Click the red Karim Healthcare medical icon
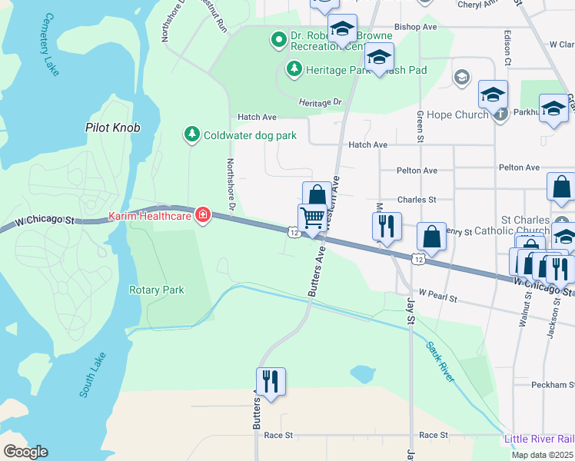pos(203,214)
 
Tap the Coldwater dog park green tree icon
pos(191,135)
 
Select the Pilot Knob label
pos(112,128)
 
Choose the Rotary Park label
pos(157,290)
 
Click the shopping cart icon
pos(312,217)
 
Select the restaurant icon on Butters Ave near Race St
pos(271,380)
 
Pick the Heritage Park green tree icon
pos(293,70)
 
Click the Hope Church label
pos(458,114)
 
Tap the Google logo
pos(25,452)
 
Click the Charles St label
pos(416,199)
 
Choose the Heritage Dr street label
pos(320,102)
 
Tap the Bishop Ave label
pos(415,27)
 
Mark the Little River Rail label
pos(539,439)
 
